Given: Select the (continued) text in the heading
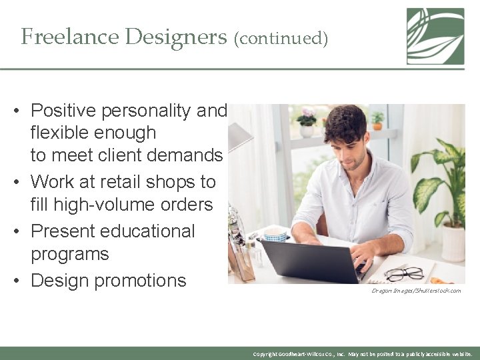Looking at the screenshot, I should point(281,39).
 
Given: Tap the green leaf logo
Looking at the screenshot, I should point(435,36).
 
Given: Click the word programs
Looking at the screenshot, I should point(69,254).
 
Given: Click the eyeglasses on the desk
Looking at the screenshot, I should point(404,273).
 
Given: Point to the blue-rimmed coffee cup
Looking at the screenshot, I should point(275,235).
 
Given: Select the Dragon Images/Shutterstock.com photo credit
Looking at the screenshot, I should point(415,291).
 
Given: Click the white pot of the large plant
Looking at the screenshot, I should point(453,243).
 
